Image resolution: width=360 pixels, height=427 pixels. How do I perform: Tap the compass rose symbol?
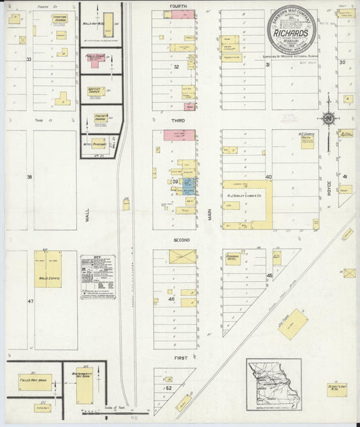tap(328, 119)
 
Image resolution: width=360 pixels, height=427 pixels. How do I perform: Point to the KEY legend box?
tap(97, 276)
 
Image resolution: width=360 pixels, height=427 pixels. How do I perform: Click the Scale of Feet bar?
tap(104, 410)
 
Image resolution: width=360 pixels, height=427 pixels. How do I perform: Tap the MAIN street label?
tap(209, 214)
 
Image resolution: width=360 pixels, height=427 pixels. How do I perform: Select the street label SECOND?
tap(180, 240)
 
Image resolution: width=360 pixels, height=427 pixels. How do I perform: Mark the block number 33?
tap(29, 59)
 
